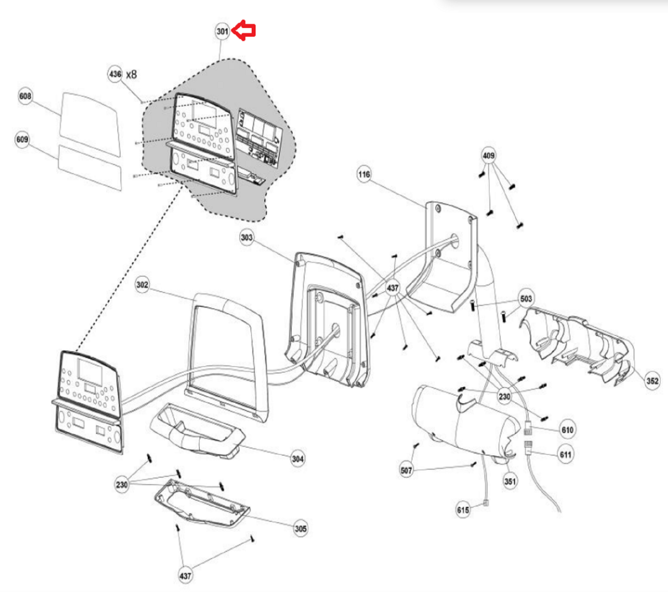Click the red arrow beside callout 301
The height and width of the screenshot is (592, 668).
244,30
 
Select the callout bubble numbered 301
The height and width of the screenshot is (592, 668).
222,31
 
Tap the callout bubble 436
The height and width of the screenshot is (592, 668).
115,74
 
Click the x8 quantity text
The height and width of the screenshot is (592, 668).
132,74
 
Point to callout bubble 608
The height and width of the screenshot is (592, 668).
25,96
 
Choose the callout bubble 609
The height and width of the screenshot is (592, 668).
22,139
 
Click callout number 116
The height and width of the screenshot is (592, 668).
364,174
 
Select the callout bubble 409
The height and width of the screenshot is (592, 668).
488,156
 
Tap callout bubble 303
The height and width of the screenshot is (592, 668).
246,237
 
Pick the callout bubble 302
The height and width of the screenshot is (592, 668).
142,285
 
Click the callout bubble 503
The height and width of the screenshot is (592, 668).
526,298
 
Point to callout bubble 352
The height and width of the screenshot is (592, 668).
652,380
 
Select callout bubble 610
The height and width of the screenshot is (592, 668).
567,430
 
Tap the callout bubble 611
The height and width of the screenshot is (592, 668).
566,454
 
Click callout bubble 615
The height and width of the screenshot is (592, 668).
463,510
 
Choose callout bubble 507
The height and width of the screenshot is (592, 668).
406,471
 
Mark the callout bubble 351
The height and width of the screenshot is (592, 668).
510,481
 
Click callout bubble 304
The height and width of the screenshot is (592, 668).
297,459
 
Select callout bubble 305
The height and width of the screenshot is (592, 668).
301,529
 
